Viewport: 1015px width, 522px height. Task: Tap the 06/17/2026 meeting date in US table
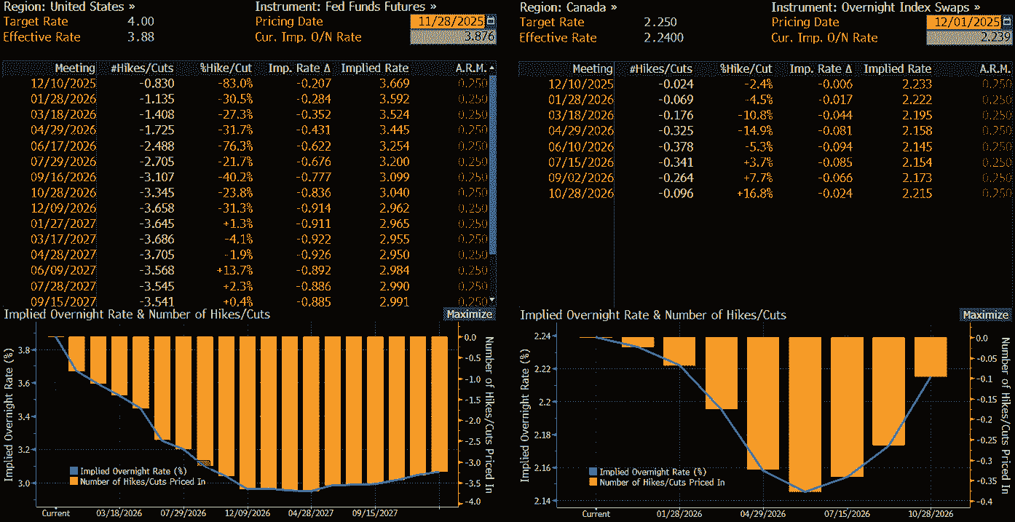pos(63,146)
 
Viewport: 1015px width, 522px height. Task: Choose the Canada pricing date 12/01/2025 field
pos(963,23)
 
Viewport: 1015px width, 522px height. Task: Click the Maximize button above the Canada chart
pos(984,315)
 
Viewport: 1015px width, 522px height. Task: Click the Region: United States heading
pos(69,7)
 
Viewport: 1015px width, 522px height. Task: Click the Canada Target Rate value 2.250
pos(661,23)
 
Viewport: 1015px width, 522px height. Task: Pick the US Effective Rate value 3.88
pos(141,37)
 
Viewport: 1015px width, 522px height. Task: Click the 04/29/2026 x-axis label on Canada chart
pos(763,513)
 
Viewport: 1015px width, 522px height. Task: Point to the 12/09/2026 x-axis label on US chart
pos(248,513)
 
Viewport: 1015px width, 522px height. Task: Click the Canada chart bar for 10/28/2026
pos(931,357)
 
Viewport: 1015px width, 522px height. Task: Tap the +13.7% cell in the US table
pos(237,270)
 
